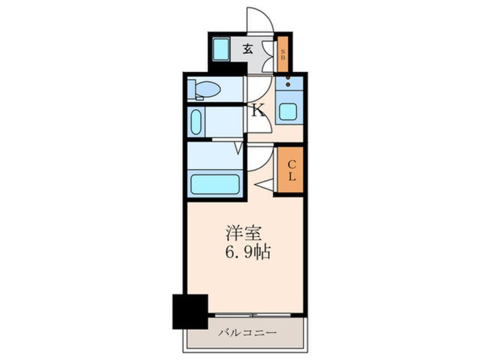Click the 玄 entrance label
click(247, 48)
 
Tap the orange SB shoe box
click(283, 54)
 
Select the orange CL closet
click(290, 170)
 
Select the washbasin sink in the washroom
click(196, 123)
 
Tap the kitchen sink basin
click(288, 111)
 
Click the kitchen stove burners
click(288, 82)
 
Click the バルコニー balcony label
click(247, 332)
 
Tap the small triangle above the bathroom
click(239, 149)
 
